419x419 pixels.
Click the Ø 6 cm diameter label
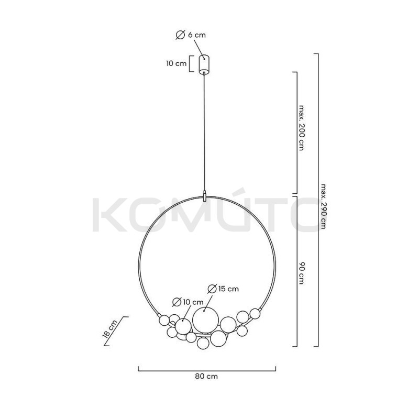(191, 35)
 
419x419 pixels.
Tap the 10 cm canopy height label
(177, 63)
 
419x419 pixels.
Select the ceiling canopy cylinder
(204, 64)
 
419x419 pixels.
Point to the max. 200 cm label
(302, 128)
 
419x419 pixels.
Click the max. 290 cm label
(324, 206)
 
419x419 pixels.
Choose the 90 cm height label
(302, 273)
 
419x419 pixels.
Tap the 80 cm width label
(206, 376)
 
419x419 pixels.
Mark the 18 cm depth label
(110, 329)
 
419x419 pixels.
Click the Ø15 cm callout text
(223, 289)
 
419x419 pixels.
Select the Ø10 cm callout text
(188, 302)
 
